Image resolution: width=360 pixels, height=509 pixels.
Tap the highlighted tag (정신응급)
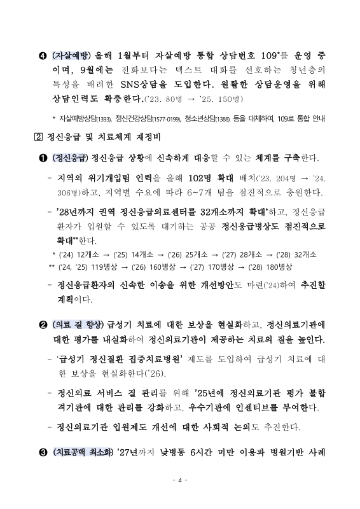tap(72, 158)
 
